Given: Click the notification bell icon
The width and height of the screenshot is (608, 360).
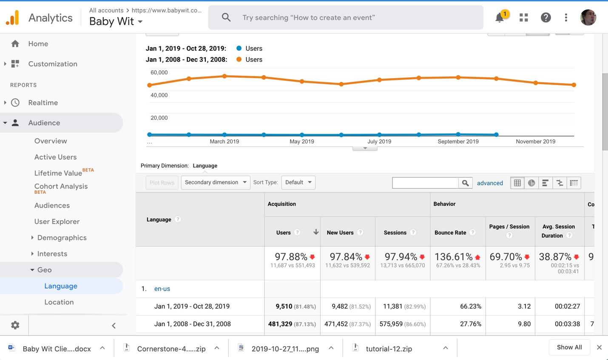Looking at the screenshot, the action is [500, 18].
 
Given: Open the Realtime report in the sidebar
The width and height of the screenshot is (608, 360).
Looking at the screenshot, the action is [43, 102].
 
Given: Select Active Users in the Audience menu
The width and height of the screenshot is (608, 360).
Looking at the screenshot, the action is [55, 157].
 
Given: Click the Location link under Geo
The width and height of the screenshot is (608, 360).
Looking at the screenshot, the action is [59, 302].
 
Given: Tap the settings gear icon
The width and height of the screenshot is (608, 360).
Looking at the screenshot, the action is [15, 325].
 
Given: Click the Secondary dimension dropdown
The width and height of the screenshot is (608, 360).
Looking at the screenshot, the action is [216, 182].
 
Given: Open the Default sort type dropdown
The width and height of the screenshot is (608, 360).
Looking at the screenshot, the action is [298, 182].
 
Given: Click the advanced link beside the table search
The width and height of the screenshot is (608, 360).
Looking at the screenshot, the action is [490, 183].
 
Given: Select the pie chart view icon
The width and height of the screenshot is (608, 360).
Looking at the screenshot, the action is [531, 183].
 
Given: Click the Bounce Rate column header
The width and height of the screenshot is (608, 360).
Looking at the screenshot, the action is [450, 232].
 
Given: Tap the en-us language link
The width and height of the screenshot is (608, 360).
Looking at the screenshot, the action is [162, 289].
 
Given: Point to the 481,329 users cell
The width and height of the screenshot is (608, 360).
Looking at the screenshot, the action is [280, 324].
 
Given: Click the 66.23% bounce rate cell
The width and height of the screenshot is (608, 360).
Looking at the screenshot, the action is [471, 306].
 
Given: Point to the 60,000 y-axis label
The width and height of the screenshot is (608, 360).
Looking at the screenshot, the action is [159, 72].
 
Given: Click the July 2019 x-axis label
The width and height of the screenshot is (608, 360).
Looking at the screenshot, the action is [379, 142].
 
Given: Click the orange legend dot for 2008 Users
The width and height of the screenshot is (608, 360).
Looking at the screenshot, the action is [239, 60].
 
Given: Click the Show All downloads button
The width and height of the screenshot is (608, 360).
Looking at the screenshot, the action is [569, 347].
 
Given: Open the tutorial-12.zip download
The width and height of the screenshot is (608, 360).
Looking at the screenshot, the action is [389, 349].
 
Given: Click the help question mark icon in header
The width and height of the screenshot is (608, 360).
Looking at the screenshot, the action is [545, 17].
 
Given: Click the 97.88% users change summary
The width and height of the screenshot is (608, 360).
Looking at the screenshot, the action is [291, 256].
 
